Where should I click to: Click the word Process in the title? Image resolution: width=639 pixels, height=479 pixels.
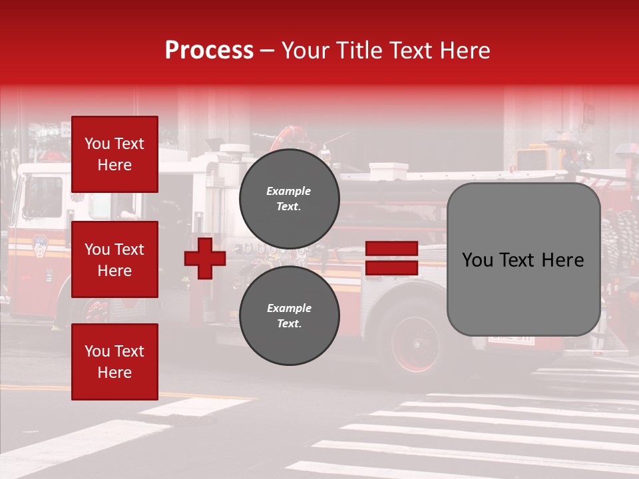[x=209, y=51]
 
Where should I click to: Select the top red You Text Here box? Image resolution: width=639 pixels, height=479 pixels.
[x=114, y=154]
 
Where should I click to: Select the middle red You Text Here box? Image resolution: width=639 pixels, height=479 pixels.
[x=114, y=259]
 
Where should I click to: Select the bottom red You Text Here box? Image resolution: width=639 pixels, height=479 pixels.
[x=114, y=361]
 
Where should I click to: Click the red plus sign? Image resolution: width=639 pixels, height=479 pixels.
[x=205, y=258]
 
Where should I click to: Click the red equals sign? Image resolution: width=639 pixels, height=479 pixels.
[x=391, y=258]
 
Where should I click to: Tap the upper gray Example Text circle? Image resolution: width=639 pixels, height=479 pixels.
[x=289, y=198]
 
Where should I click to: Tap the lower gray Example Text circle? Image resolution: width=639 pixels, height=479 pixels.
[x=289, y=315]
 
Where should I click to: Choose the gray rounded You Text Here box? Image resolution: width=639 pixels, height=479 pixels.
[x=523, y=259]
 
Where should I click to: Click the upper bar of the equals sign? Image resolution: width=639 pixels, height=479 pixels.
[x=391, y=249]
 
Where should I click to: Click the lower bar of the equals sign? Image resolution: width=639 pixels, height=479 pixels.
[x=391, y=268]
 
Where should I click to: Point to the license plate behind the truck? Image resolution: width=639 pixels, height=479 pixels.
[x=511, y=339]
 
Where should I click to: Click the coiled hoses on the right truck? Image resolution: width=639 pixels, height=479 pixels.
[x=619, y=239]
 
